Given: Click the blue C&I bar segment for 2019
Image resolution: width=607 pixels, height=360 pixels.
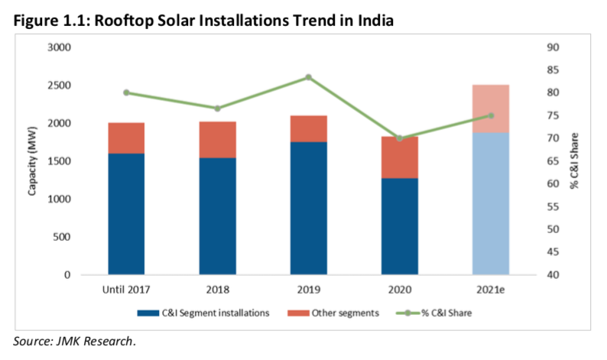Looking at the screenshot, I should (x=308, y=208).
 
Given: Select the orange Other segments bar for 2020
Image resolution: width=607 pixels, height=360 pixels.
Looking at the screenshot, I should (x=399, y=157).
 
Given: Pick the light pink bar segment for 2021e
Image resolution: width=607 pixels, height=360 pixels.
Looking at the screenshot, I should (x=491, y=109).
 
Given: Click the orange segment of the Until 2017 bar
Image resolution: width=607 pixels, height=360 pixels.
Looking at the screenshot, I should (x=126, y=138).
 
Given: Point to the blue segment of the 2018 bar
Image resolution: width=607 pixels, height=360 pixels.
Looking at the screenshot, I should (x=218, y=216).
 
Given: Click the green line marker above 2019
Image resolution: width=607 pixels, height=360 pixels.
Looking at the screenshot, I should (x=308, y=77).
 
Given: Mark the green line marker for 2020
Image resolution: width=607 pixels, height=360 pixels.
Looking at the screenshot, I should (x=399, y=138).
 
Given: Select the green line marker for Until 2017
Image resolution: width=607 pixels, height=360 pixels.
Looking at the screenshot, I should (x=126, y=92).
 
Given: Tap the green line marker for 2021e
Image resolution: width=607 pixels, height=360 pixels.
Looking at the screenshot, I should (x=491, y=115).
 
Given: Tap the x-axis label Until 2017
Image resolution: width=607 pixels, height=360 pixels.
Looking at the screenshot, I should (x=126, y=290).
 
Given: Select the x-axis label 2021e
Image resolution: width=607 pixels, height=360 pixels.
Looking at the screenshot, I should (x=491, y=290).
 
